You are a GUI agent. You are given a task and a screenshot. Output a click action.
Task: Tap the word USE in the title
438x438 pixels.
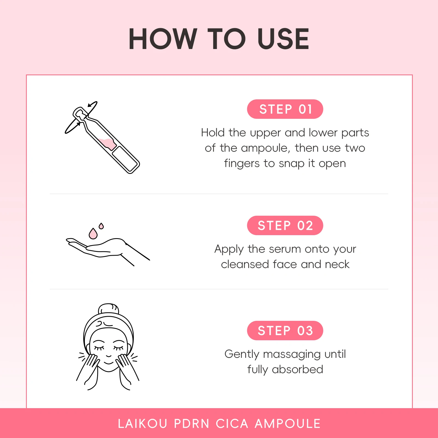click(283, 39)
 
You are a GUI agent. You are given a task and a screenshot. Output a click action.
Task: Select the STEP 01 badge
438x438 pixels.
click(285, 109)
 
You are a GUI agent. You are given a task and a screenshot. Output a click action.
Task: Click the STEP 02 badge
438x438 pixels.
click(285, 226)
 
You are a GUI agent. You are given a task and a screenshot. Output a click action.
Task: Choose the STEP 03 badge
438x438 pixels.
click(285, 331)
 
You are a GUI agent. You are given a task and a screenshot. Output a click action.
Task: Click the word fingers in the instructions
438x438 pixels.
click(242, 163)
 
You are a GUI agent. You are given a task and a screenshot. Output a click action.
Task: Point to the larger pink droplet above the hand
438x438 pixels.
click(93, 234)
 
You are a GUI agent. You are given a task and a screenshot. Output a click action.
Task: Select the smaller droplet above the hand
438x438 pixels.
click(101, 226)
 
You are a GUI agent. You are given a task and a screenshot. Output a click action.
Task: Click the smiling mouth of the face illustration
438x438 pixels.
click(109, 362)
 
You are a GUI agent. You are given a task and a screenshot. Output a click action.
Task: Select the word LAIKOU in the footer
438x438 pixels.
click(143, 424)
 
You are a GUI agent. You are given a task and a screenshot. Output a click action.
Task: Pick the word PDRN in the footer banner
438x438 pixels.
click(192, 424)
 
